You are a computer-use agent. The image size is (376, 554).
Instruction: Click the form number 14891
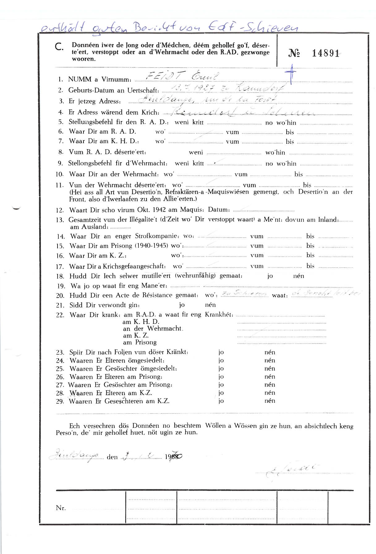(x=325, y=53)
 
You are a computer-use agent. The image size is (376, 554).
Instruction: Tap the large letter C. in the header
(x=59, y=47)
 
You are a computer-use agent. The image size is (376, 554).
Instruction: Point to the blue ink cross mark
(x=290, y=74)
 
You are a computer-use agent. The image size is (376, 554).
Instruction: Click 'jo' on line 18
(x=270, y=276)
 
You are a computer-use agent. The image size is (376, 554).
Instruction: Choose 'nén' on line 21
(x=210, y=305)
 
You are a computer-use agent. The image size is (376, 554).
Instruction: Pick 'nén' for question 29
(x=270, y=401)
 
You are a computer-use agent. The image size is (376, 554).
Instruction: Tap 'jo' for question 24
(x=221, y=360)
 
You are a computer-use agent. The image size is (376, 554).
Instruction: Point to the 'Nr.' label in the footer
(x=61, y=508)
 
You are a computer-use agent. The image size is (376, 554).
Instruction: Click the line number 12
(x=60, y=211)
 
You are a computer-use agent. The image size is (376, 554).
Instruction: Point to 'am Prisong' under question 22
(x=140, y=343)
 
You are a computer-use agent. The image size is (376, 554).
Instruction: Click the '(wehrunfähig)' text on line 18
(x=195, y=276)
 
